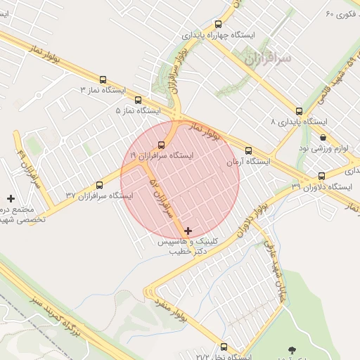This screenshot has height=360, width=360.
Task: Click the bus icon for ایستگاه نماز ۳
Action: point(104,79)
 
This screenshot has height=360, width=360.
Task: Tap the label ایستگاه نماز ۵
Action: point(138,111)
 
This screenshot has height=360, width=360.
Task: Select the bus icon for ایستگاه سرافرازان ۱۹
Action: point(161,145)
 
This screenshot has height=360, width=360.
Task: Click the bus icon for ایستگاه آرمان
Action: point(247,150)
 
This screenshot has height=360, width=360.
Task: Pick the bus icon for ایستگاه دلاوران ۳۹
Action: point(321,176)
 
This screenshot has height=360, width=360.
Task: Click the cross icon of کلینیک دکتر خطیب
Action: point(188,231)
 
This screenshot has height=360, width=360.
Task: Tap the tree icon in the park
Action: point(292,349)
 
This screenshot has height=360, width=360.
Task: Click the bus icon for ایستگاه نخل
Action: point(224,347)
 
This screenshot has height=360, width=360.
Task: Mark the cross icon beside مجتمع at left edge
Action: point(11,200)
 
